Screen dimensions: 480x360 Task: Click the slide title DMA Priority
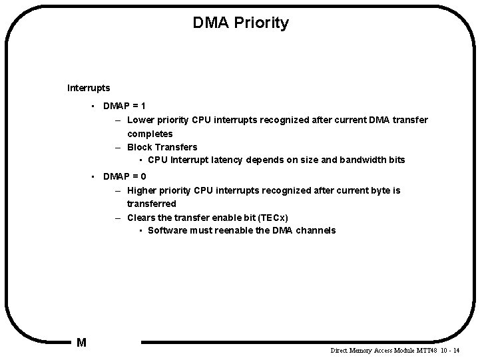click(x=240, y=23)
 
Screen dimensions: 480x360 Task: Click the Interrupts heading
click(x=89, y=87)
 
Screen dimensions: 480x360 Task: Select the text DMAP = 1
click(x=124, y=106)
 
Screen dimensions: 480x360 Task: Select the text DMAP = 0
click(x=124, y=176)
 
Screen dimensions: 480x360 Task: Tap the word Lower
click(x=139, y=120)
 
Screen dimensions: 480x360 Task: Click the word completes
click(x=150, y=134)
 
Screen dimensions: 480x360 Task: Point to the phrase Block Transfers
click(x=162, y=147)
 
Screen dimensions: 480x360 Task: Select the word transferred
click(x=151, y=204)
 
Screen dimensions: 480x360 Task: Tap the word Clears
click(x=141, y=218)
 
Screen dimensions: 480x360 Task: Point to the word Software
click(x=168, y=231)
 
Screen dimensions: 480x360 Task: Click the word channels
click(x=315, y=231)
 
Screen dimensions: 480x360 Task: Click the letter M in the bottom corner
click(x=81, y=343)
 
